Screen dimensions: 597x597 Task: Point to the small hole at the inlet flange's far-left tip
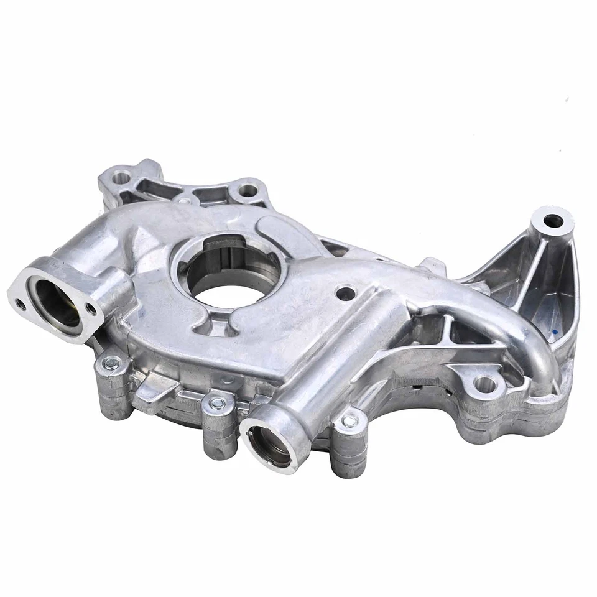pyautogui.click(x=21, y=304)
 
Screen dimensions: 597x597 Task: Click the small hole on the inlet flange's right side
pyautogui.click(x=91, y=309)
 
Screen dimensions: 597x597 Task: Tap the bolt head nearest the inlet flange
pyautogui.click(x=112, y=364)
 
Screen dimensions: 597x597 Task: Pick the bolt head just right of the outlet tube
pyautogui.click(x=349, y=421)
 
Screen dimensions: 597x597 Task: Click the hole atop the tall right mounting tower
pyautogui.click(x=553, y=221)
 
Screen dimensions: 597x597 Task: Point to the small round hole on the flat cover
pyautogui.click(x=345, y=292)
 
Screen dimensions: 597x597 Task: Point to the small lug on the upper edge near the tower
pyautogui.click(x=434, y=266)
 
